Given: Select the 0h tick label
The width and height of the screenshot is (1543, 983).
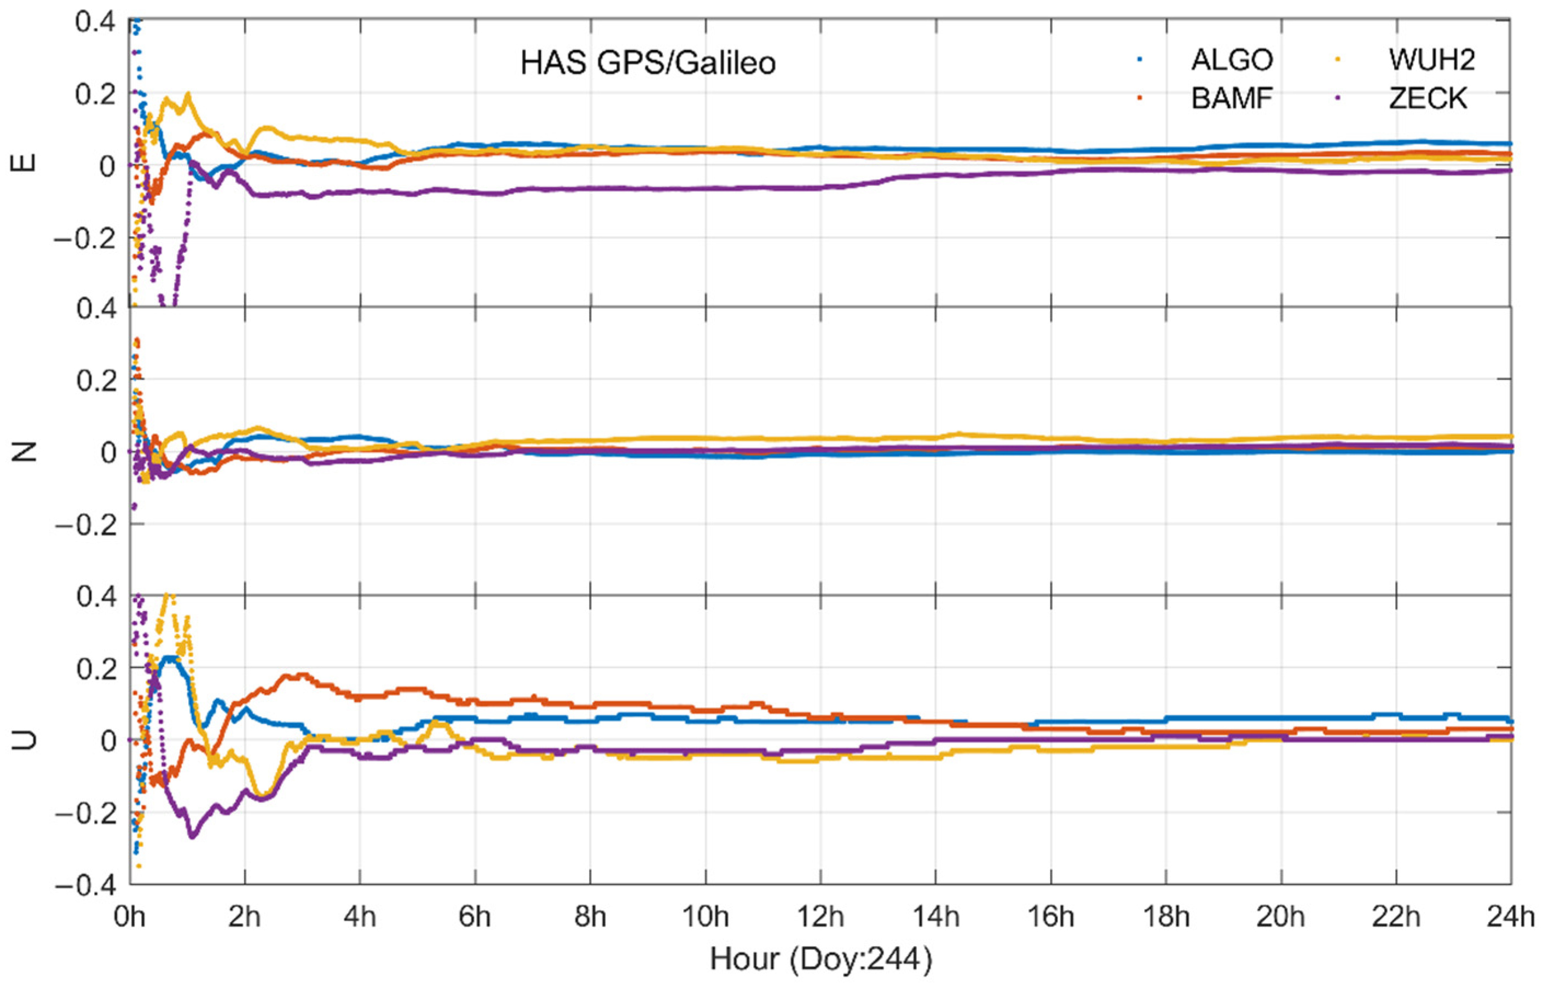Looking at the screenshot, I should point(130,917).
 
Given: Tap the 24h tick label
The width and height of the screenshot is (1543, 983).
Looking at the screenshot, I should point(1511,917).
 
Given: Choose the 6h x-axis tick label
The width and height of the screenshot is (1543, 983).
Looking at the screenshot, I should point(475,917).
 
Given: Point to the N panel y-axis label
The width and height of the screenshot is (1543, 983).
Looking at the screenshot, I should point(24,451).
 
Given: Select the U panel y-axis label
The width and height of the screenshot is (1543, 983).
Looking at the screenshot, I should point(24,739).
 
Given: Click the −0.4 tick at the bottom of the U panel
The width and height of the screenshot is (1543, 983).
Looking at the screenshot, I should point(86,886).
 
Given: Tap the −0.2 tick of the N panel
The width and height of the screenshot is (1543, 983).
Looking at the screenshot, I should point(86,524).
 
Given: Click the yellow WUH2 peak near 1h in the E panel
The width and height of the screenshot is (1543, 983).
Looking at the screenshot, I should point(188,95).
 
